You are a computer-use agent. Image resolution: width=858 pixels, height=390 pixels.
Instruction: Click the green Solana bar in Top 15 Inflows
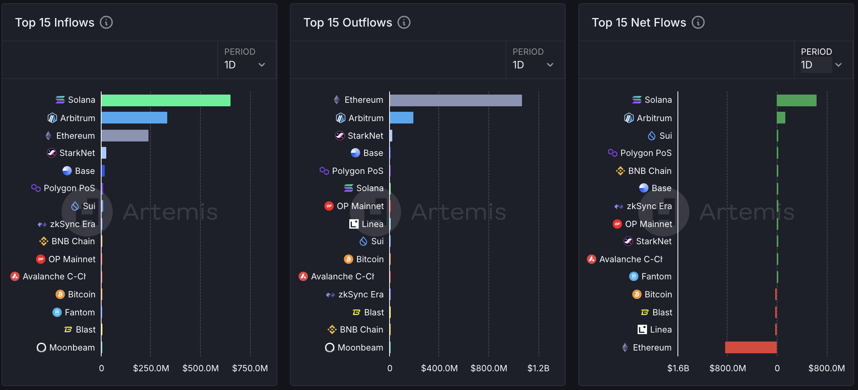[x=166, y=100]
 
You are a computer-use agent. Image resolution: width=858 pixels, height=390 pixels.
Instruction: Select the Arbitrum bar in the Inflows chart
[x=134, y=118]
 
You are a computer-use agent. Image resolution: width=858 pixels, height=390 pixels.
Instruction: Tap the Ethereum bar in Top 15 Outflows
[x=456, y=100]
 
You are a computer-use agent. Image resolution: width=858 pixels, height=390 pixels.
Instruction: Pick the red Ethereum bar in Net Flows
[x=751, y=347]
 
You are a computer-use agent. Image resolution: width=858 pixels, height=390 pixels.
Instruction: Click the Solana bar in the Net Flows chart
[x=796, y=100]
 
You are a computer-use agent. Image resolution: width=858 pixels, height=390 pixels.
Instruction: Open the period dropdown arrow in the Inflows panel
[x=262, y=65]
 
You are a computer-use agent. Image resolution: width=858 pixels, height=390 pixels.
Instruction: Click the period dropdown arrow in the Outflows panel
[x=550, y=65]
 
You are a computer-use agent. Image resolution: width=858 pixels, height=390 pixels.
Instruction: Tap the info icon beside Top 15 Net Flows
[x=698, y=22]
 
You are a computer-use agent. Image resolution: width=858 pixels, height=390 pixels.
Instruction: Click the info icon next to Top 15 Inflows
[x=106, y=22]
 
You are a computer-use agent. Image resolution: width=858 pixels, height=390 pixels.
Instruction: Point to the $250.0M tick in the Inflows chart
[x=151, y=368]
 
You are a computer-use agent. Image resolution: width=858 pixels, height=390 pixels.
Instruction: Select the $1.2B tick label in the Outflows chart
[x=538, y=368]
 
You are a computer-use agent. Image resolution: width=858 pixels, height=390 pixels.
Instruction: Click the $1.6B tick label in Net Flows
[x=678, y=368]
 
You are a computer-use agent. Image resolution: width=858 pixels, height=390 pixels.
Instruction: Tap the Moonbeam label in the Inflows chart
[x=72, y=347]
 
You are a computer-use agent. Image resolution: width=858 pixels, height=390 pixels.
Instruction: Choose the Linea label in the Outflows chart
[x=372, y=224]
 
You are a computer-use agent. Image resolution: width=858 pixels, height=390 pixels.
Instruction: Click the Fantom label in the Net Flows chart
[x=656, y=276]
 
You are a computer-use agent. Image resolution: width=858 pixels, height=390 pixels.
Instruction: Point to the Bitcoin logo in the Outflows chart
[x=349, y=259]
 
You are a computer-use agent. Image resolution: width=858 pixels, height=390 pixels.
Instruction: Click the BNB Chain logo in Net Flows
[x=620, y=171]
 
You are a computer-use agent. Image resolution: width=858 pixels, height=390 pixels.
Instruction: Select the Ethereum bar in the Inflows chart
[x=125, y=136]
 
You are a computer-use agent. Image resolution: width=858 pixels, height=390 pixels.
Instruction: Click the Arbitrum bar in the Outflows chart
[x=401, y=118]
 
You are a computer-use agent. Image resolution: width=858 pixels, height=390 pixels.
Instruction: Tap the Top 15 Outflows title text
[x=348, y=22]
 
